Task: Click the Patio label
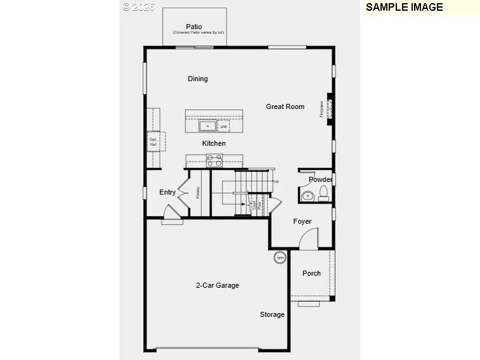tap(194, 27)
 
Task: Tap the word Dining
tap(198, 79)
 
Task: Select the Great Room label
tap(285, 106)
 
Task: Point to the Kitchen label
tap(214, 143)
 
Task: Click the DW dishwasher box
tap(223, 127)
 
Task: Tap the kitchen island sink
tap(208, 125)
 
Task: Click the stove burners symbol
tap(214, 160)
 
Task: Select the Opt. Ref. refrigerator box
tap(153, 142)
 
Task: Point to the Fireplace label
tap(322, 109)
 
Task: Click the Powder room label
tap(320, 179)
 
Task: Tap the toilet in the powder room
tap(323, 192)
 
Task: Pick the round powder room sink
tap(308, 196)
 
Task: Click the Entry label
tap(167, 192)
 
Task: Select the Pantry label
tap(198, 192)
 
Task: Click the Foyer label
tap(302, 221)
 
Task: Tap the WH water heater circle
tap(280, 257)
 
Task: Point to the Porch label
tap(311, 273)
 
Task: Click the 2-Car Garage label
tap(217, 285)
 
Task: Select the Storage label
tap(272, 314)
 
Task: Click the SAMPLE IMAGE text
tap(405, 7)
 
